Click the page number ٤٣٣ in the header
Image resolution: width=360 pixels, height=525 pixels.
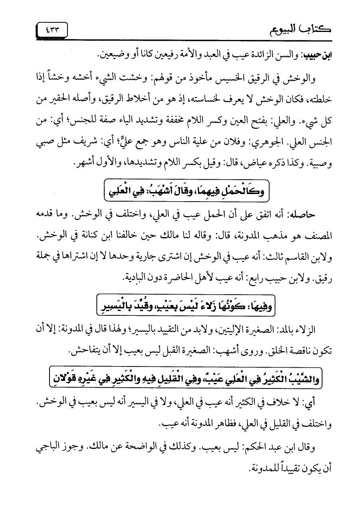[51, 29]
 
